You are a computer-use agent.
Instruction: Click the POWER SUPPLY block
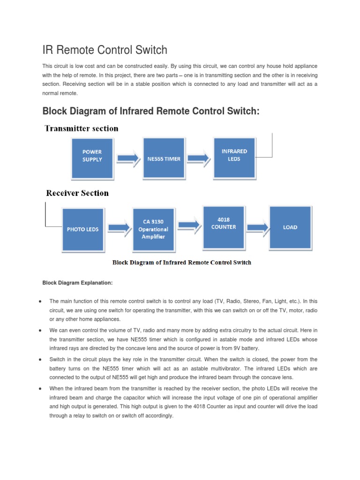coord(92,157)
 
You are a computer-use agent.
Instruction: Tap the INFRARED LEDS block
coord(234,156)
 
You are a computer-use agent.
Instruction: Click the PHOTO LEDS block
coord(82,229)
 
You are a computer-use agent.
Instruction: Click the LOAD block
coord(290,227)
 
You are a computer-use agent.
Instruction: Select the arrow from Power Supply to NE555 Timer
coord(128,158)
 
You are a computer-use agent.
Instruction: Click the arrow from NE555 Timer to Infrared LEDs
coord(199,158)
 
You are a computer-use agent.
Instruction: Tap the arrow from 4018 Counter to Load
coord(257,227)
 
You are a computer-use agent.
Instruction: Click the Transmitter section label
coord(82,128)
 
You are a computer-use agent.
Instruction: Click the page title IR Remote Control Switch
coord(105,50)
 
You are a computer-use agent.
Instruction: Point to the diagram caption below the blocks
coord(181,262)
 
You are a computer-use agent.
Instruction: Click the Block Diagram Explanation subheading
coord(77,283)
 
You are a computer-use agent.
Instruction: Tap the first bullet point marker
coord(42,301)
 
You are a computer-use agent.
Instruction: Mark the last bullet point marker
coord(42,389)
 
